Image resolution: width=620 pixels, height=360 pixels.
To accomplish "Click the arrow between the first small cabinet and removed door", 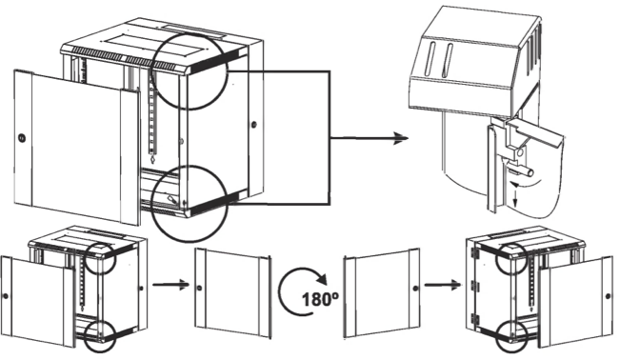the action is tap(170, 285).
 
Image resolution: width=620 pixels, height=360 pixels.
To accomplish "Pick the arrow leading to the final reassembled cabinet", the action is tap(443, 285).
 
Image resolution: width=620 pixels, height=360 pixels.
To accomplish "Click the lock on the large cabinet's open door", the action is tap(21, 138).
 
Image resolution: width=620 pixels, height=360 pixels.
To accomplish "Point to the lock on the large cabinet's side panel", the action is tap(254, 124).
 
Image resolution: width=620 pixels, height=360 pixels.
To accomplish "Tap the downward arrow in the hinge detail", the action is tap(515, 196).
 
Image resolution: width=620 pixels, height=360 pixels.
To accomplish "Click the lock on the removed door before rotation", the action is tap(199, 288).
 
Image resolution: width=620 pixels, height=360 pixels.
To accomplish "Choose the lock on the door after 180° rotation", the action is tap(415, 289).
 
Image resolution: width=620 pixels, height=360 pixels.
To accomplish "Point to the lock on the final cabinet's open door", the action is tap(609, 296).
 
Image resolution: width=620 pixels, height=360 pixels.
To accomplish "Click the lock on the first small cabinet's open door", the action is tap(6, 296).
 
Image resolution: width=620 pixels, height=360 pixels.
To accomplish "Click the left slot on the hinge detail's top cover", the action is tap(430, 58).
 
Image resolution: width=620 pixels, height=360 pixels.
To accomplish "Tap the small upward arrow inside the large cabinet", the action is tap(152, 159).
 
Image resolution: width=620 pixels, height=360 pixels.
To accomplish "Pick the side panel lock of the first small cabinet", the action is tap(141, 288).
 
